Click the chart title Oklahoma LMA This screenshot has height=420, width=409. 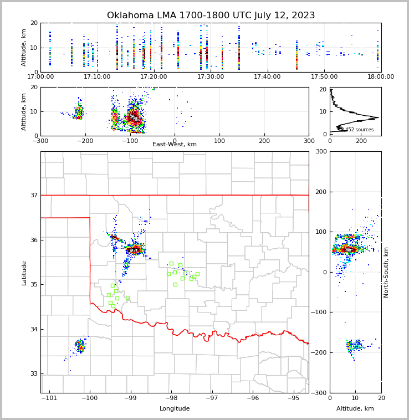pos(211,16)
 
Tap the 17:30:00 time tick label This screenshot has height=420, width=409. pos(211,76)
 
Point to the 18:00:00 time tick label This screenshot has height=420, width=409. pos(381,76)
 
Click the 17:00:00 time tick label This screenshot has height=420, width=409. pos(40,76)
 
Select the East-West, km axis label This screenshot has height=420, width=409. pos(174,145)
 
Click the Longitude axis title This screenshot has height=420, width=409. pos(175,409)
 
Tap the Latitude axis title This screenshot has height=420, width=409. pos(24,273)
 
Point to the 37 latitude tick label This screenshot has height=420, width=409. pos(33,195)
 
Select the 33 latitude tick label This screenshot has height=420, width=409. pos(33,374)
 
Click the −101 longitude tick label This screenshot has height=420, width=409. pos(49,398)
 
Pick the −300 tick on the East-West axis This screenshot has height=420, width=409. pos(40,141)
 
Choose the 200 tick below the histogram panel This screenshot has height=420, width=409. pos(361,141)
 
